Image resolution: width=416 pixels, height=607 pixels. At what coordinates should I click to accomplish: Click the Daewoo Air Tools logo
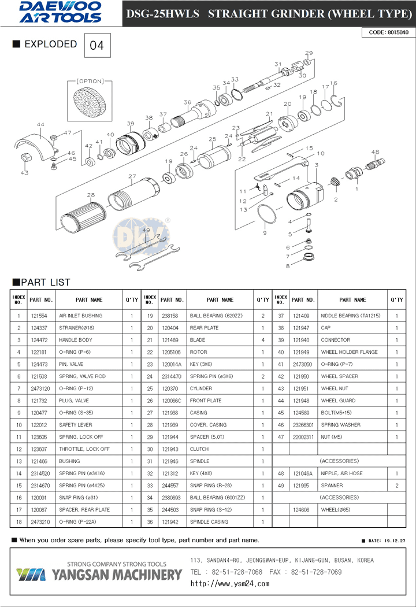[x=61, y=12]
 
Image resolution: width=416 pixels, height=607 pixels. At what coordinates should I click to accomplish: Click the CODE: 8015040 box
[x=388, y=32]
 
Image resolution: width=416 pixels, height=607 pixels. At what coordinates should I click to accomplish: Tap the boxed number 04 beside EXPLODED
[x=97, y=45]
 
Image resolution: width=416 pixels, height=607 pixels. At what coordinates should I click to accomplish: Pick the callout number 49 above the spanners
[x=146, y=230]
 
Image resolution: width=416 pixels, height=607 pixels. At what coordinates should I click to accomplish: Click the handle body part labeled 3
[x=304, y=198]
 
